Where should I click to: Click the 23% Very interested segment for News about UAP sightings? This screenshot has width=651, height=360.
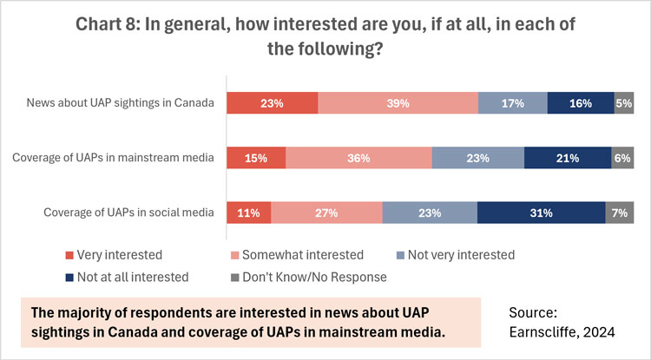pyautogui.click(x=272, y=103)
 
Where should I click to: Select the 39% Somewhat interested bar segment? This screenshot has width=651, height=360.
pyautogui.click(x=398, y=103)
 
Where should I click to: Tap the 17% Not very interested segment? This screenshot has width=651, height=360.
pyautogui.click(x=512, y=103)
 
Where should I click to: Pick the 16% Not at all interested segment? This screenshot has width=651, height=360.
pyautogui.click(x=580, y=103)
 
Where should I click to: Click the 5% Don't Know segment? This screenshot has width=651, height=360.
pyautogui.click(x=623, y=103)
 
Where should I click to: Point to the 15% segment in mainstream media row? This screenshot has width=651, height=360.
pyautogui.click(x=256, y=158)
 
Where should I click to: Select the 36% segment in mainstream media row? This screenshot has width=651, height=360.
pyautogui.click(x=358, y=158)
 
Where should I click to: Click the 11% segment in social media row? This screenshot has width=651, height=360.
pyautogui.click(x=249, y=213)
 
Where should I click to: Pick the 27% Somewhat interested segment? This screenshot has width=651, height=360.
pyautogui.click(x=326, y=213)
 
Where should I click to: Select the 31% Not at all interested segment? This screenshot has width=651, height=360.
pyautogui.click(x=541, y=213)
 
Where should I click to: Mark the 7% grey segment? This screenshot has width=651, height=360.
pyautogui.click(x=619, y=213)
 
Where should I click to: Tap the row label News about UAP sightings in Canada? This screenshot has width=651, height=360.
pyautogui.click(x=122, y=103)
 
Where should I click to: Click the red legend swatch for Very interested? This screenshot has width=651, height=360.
pyautogui.click(x=70, y=255)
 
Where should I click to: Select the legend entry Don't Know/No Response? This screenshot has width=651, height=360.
pyautogui.click(x=320, y=278)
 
